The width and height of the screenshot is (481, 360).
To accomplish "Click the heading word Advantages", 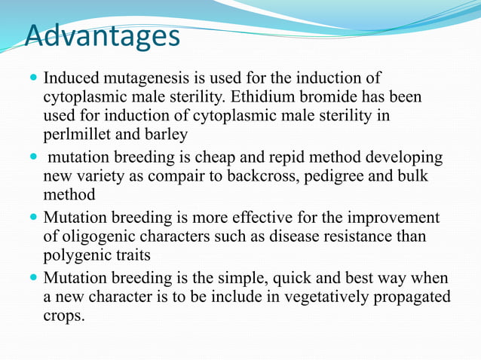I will tap(103, 35).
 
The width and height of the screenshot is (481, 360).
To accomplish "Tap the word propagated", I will tap(410, 297).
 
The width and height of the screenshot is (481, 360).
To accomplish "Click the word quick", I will tap(265, 277).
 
